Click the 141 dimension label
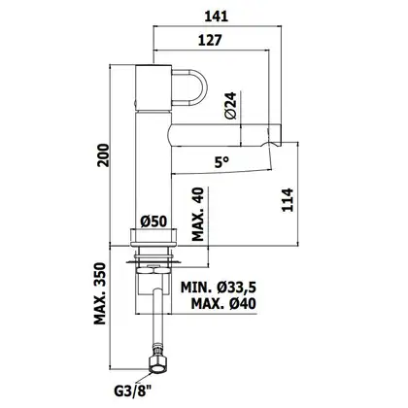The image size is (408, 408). [216, 17]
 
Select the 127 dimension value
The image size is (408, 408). [210, 40]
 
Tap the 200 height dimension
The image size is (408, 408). [104, 155]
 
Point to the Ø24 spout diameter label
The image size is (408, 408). [232, 106]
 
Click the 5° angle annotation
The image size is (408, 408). [222, 162]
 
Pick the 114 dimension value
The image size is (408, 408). [288, 200]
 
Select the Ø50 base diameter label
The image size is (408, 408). [153, 221]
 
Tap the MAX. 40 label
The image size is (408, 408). [198, 214]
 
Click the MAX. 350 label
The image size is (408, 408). [100, 293]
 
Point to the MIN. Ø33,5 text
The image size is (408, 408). [219, 287]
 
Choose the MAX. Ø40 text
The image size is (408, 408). [223, 304]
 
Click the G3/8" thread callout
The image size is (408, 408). [133, 391]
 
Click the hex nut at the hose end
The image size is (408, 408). [157, 364]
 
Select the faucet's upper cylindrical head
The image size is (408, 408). [153, 87]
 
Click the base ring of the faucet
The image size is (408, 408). [153, 237]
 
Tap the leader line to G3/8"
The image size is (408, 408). [144, 379]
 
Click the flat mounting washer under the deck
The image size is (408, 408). [153, 261]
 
